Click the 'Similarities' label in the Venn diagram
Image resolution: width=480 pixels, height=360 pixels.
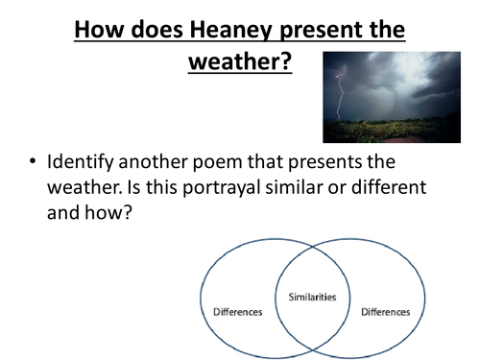(312, 298)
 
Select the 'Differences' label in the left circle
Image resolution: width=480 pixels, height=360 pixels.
(238, 312)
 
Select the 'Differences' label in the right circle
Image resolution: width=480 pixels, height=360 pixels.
(384, 312)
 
